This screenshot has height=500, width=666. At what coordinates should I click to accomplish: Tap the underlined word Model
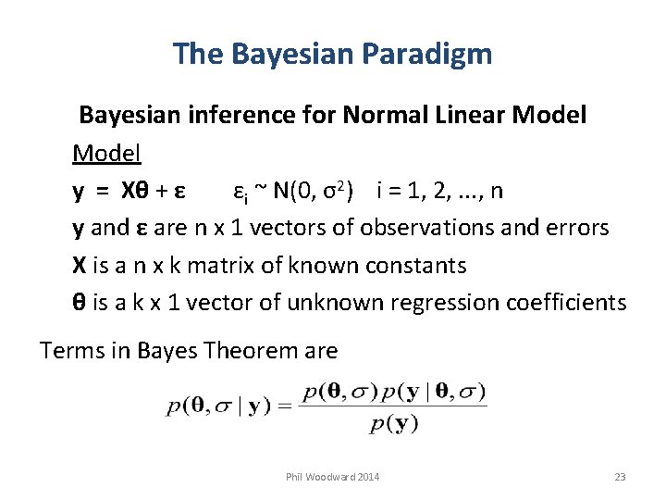(x=106, y=153)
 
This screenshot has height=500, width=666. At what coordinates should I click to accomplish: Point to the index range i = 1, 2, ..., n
(x=440, y=191)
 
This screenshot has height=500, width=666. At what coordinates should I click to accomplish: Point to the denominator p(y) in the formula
(x=393, y=424)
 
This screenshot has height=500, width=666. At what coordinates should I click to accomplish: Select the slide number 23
(x=620, y=477)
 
